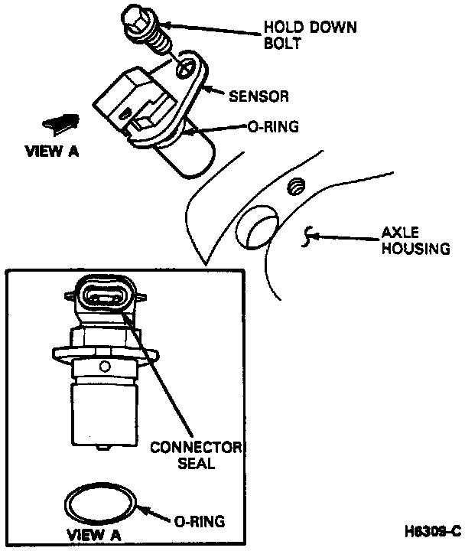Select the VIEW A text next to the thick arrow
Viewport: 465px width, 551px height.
coord(52,152)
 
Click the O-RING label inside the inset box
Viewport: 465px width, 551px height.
coord(197,522)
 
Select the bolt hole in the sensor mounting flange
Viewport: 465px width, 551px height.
coord(184,68)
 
